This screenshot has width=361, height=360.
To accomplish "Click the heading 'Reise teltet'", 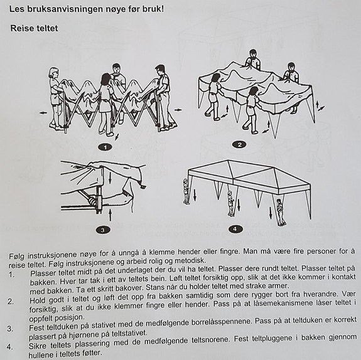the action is click(x=34, y=28).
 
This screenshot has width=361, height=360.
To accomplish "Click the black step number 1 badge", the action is click(x=105, y=147).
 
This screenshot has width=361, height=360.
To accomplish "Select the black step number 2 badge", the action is click(x=239, y=145).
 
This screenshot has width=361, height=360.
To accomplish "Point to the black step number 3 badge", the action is click(x=103, y=230).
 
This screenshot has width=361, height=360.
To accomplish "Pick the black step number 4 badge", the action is click(x=235, y=229).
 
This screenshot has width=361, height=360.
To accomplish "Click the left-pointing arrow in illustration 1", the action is click(x=43, y=113).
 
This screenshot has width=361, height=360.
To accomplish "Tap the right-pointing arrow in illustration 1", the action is click(x=178, y=110).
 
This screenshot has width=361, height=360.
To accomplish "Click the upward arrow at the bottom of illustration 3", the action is click(x=110, y=214).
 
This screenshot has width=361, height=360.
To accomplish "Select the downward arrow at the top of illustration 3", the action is click(x=110, y=177).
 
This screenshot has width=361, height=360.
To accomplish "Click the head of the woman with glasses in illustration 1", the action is click(x=54, y=73).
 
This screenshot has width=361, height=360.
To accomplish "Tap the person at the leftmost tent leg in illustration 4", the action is click(x=186, y=191).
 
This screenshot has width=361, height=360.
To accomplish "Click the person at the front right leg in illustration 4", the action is click(x=281, y=212).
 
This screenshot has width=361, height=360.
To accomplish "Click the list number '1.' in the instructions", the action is click(x=12, y=275).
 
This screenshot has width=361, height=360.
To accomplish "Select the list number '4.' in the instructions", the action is click(x=9, y=347).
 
